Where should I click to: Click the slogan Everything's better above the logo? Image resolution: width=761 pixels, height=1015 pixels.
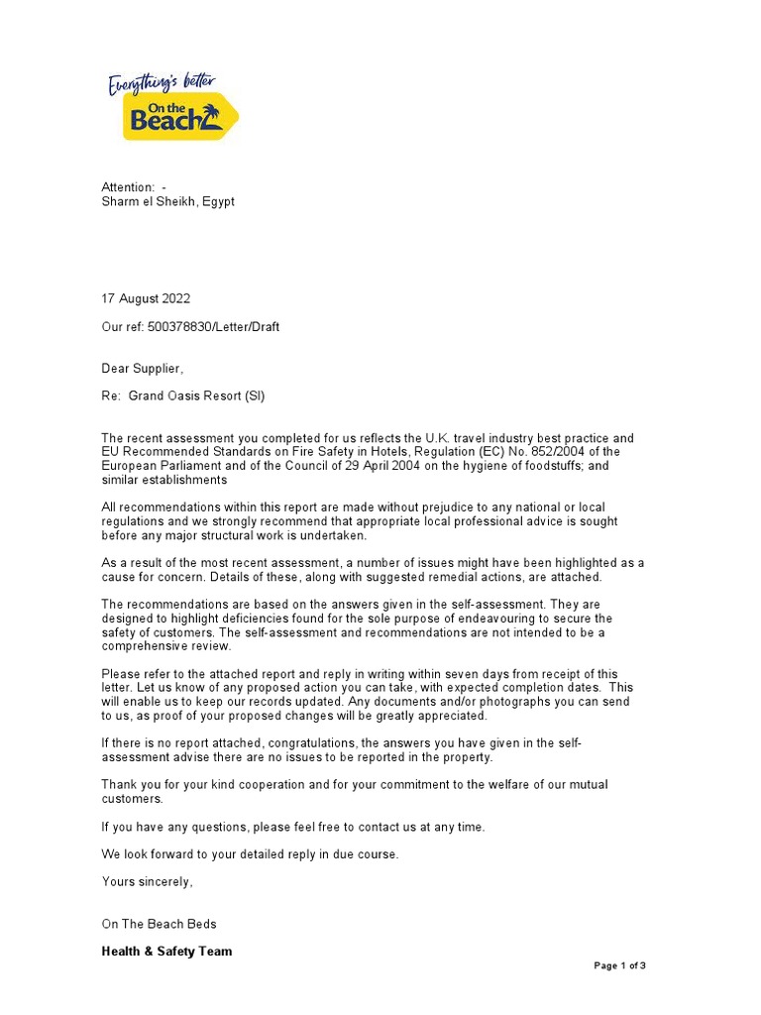(161, 83)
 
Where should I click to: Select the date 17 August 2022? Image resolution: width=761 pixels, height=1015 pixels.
(146, 298)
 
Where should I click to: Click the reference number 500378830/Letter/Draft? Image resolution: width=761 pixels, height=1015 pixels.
(213, 327)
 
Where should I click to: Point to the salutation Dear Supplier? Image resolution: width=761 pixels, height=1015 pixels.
(143, 369)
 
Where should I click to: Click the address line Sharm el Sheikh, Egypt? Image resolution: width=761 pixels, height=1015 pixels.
(168, 201)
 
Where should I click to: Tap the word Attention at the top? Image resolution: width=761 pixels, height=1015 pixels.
(128, 187)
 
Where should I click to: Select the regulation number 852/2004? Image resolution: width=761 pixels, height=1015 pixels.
(566, 452)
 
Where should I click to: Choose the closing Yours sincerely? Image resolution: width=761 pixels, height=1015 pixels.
(148, 881)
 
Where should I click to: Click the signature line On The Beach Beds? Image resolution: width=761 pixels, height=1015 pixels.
(159, 924)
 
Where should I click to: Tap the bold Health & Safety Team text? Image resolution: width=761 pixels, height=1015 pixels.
(166, 952)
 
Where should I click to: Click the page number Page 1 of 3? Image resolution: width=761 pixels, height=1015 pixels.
(619, 965)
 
